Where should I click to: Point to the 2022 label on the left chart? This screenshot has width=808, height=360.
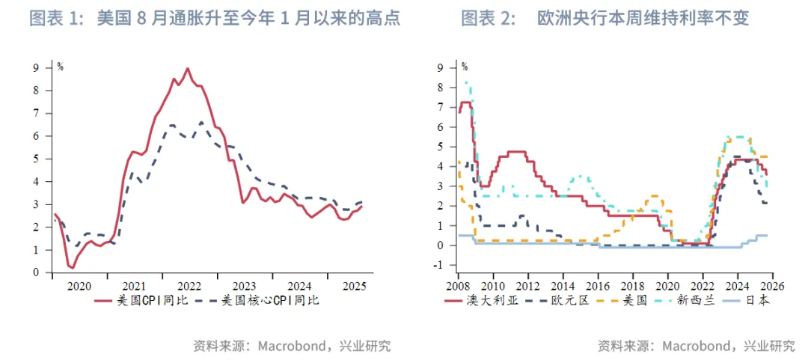pyautogui.click(x=189, y=285)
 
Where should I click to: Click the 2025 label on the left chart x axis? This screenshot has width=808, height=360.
pyautogui.click(x=354, y=285)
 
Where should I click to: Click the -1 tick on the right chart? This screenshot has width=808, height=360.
pyautogui.click(x=441, y=265)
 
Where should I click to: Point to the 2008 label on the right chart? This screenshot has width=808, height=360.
pyautogui.click(x=458, y=285)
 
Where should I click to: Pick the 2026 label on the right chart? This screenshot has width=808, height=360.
pyautogui.click(x=772, y=285)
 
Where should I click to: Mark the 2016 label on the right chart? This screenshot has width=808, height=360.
pyautogui.click(x=598, y=285)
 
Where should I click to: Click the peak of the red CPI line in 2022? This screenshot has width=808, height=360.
pyautogui.click(x=187, y=69)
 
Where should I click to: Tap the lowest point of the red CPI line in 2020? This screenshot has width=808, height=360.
pyautogui.click(x=72, y=267)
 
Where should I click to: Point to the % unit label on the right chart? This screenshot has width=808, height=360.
pyautogui.click(x=464, y=67)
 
